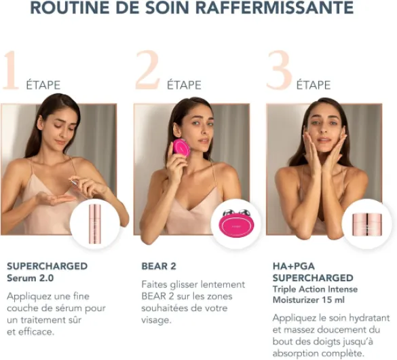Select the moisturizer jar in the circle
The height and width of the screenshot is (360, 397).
(x=366, y=223)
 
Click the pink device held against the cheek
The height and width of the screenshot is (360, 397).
(x=181, y=147)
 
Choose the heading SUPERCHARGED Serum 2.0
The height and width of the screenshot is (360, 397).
(x=47, y=271)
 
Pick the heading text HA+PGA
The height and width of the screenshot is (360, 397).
(x=294, y=266)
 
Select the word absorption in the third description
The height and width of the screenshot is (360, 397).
(x=301, y=353)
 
